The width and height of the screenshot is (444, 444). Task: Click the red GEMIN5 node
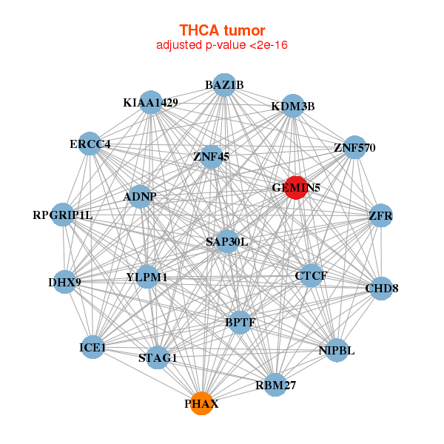[296, 188]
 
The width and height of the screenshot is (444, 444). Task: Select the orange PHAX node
[201, 403]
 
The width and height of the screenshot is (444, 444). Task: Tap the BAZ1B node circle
[224, 85]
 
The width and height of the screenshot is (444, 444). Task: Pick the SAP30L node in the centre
[227, 241]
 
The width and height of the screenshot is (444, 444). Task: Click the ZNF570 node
[354, 147]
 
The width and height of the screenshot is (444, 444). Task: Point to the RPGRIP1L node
[63, 215]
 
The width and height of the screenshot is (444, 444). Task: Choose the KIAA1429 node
[151, 103]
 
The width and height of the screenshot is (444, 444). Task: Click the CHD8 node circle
[382, 289]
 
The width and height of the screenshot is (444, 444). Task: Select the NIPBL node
[337, 350]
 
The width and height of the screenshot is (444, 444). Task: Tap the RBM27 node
[275, 385]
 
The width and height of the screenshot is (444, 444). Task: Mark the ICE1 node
[92, 347]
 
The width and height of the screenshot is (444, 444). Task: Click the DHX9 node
[65, 282]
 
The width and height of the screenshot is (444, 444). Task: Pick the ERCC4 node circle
[90, 144]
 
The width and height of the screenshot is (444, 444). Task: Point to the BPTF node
[240, 322]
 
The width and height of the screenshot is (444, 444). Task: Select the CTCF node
[312, 275]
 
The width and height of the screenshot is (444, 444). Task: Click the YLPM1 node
[147, 277]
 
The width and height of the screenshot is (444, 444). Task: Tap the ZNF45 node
[211, 157]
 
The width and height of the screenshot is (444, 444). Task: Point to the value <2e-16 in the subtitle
[269, 44]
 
